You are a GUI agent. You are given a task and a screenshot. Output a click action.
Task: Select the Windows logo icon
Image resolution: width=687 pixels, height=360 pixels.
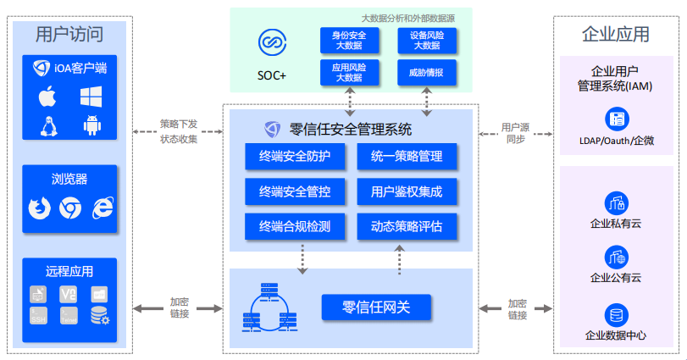(x=91, y=97)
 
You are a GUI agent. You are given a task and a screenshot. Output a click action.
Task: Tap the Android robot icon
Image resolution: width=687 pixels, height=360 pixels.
(x=91, y=125)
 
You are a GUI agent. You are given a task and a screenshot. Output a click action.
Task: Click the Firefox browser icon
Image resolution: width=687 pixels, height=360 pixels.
(x=39, y=207)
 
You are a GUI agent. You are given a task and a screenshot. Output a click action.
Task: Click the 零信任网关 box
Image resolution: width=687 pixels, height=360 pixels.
(x=376, y=307)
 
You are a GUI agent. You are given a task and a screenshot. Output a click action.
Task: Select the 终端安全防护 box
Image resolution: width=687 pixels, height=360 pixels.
(x=288, y=157)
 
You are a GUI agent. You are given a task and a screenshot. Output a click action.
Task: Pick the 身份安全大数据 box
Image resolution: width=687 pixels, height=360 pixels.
(x=348, y=40)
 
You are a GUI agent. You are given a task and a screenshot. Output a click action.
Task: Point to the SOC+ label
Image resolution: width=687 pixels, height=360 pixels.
(x=272, y=75)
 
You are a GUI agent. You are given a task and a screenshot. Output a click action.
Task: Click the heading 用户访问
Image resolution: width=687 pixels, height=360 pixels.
(x=69, y=35)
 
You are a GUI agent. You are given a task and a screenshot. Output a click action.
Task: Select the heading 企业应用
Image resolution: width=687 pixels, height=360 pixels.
(x=616, y=35)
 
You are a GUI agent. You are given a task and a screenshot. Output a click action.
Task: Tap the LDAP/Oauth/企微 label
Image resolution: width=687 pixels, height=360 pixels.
(x=616, y=141)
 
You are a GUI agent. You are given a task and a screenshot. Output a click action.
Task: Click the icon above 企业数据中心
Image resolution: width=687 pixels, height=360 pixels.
(x=616, y=315)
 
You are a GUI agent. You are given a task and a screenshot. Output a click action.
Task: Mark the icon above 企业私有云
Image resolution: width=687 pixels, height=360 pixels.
(x=616, y=202)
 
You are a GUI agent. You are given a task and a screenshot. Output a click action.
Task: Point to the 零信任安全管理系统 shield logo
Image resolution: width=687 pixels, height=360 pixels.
(x=273, y=130)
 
